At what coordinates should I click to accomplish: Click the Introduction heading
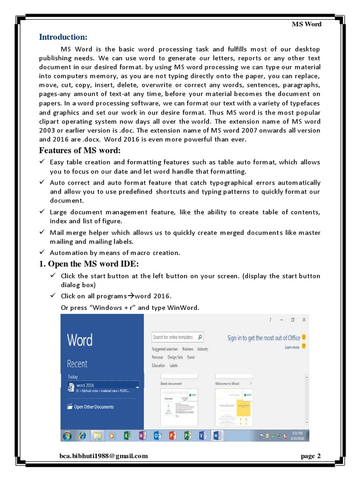pyautogui.click(x=63, y=37)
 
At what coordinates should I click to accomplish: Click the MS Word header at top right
pyautogui.click(x=307, y=24)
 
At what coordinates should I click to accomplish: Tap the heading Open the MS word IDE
pyautogui.click(x=89, y=264)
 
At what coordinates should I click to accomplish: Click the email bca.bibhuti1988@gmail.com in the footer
pyautogui.click(x=103, y=456)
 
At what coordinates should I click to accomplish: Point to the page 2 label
pyautogui.click(x=310, y=456)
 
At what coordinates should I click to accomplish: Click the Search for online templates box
pyautogui.click(x=174, y=337)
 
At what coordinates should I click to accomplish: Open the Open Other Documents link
pyautogui.click(x=94, y=407)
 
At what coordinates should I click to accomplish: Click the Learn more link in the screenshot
pyautogui.click(x=292, y=347)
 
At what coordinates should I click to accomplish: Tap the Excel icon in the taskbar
pyautogui.click(x=127, y=435)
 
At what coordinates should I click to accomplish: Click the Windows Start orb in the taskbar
pyautogui.click(x=67, y=435)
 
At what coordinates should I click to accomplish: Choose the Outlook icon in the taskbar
pyautogui.click(x=157, y=435)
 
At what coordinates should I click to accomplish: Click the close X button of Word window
pyautogui.click(x=304, y=320)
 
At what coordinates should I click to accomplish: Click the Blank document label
pyautogui.click(x=171, y=383)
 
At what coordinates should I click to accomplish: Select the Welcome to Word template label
pyautogui.click(x=227, y=383)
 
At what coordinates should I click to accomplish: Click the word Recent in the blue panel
pyautogui.click(x=77, y=364)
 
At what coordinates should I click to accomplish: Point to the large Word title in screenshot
pyautogui.click(x=80, y=340)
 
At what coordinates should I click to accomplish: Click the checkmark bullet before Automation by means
pyautogui.click(x=42, y=253)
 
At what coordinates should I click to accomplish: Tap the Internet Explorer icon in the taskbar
pyautogui.click(x=82, y=435)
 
